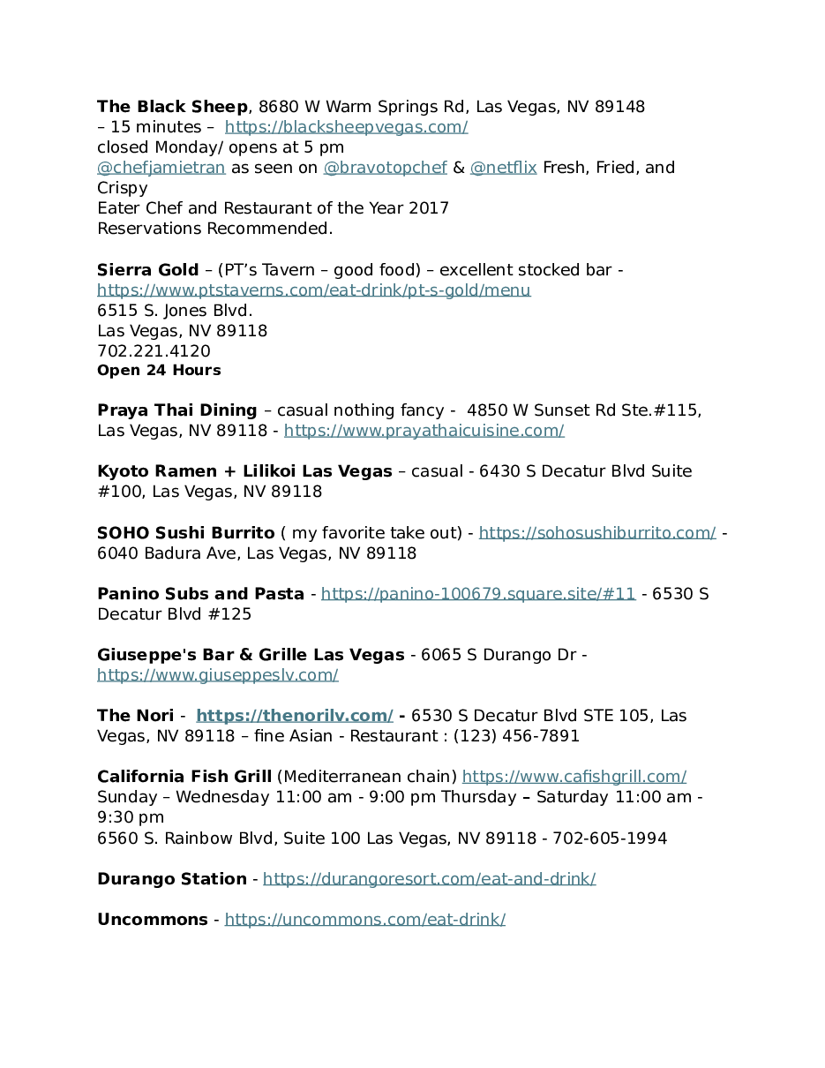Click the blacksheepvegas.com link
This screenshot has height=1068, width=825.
click(346, 127)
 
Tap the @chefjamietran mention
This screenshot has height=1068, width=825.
click(161, 168)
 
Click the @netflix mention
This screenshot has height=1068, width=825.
click(503, 168)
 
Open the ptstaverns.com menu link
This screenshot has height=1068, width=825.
click(313, 290)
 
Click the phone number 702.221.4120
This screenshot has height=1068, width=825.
click(154, 351)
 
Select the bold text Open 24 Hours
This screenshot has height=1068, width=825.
click(159, 371)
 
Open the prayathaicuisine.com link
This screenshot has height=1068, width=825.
click(424, 431)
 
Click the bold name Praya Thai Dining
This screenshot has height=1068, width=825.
click(176, 410)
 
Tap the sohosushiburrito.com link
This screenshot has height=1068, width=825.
click(597, 533)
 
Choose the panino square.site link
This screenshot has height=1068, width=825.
click(478, 594)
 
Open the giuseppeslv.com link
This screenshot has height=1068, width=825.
click(217, 675)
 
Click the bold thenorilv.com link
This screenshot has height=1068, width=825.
click(294, 716)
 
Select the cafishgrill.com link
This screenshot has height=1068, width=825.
click(574, 777)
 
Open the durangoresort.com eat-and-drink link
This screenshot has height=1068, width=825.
click(429, 879)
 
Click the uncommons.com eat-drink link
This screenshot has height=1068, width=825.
click(364, 920)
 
